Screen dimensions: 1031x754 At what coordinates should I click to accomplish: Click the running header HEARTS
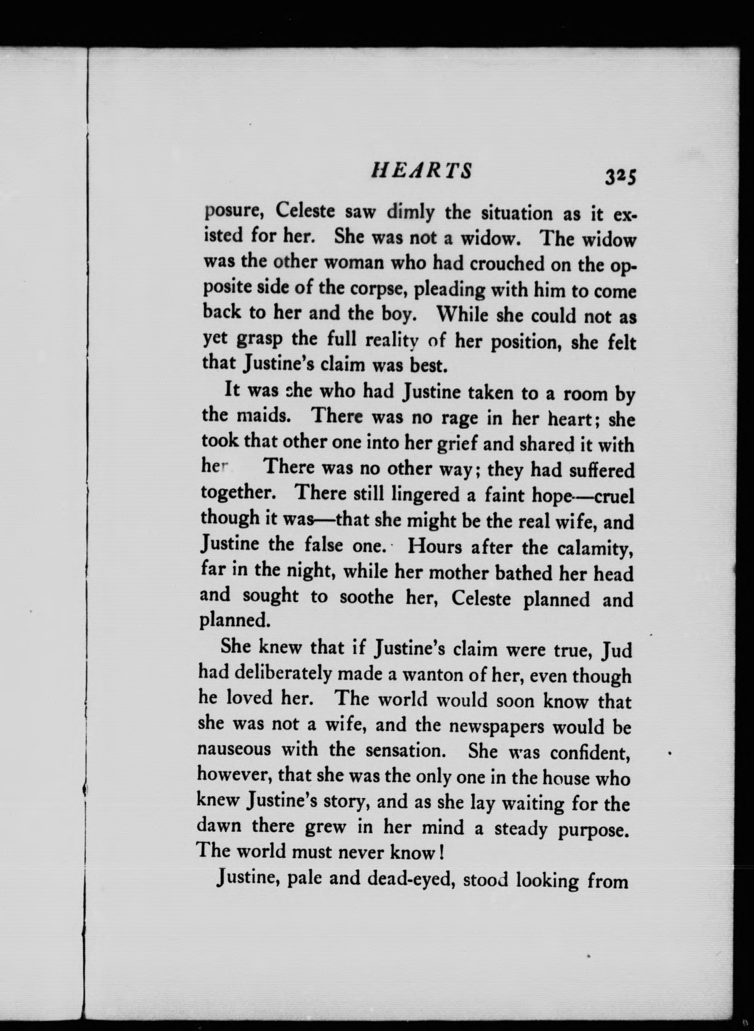click(421, 170)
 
